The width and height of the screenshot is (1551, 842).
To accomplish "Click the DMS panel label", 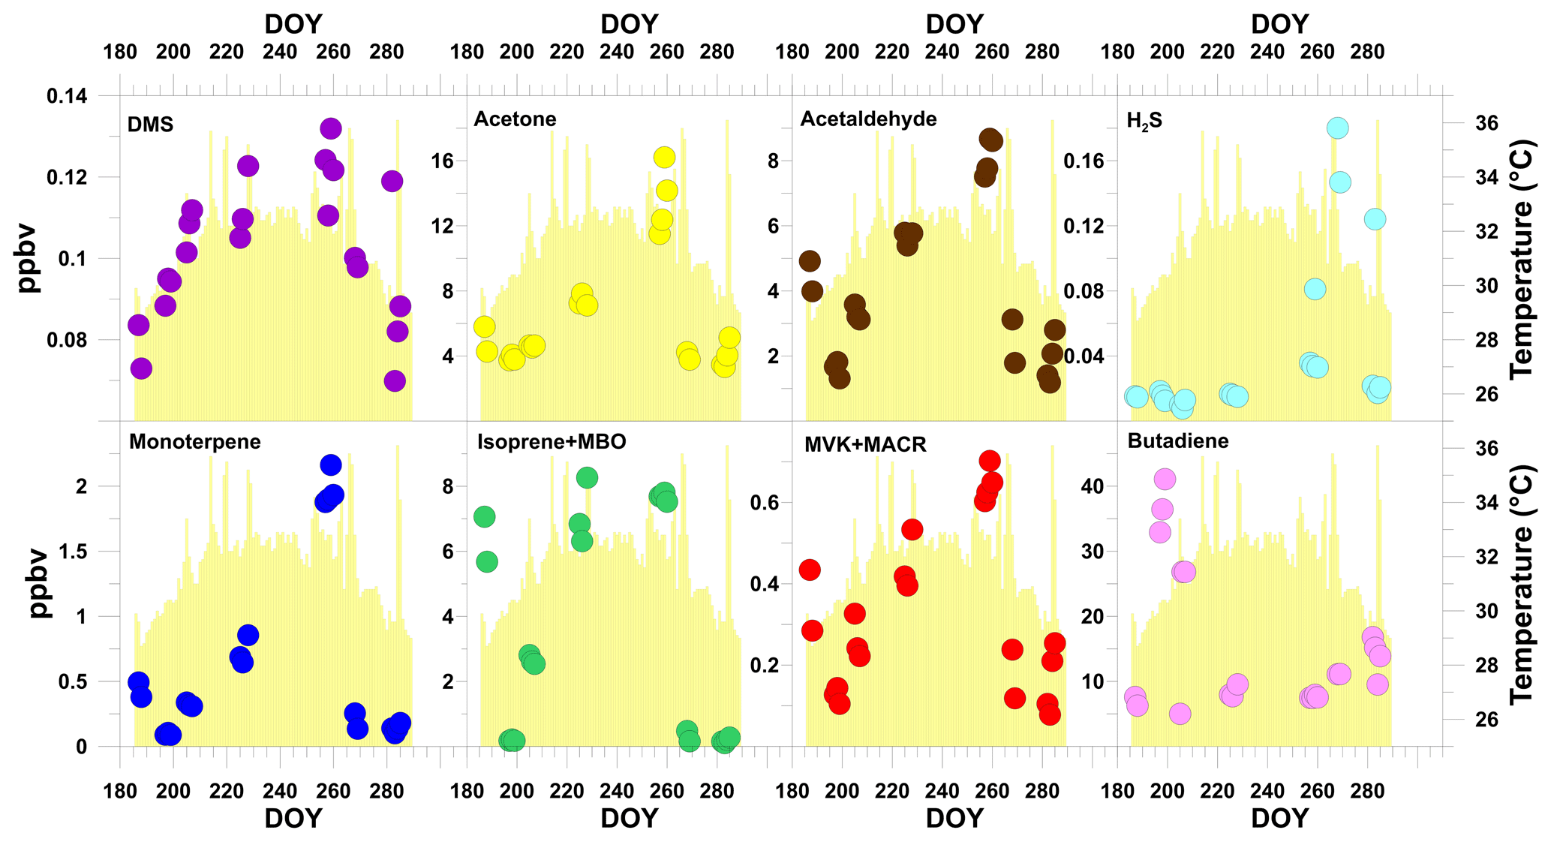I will point(151,124).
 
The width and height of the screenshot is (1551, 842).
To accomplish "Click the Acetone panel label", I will point(515,119).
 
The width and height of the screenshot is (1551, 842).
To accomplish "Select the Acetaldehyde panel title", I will point(868,119).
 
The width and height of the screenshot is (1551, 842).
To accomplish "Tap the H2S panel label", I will point(1144,121).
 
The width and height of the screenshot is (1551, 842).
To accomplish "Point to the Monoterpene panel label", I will point(195,441).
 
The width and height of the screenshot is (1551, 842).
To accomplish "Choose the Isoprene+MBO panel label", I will point(552,441).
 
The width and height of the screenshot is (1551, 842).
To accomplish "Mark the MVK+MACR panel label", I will point(865,444).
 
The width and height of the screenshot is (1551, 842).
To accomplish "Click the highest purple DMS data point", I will point(331,128).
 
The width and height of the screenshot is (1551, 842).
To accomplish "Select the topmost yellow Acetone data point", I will point(664,157).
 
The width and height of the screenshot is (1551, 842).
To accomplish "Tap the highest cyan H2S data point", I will point(1337,128).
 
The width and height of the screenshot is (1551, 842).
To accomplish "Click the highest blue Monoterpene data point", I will point(330,465).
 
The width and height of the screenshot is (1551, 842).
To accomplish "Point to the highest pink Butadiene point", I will point(1165,479).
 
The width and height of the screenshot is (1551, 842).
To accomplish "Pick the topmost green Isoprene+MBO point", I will point(587,477).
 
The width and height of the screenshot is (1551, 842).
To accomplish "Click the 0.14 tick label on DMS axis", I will point(67,96).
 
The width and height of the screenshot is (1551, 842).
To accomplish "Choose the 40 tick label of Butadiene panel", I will point(1093,486).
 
